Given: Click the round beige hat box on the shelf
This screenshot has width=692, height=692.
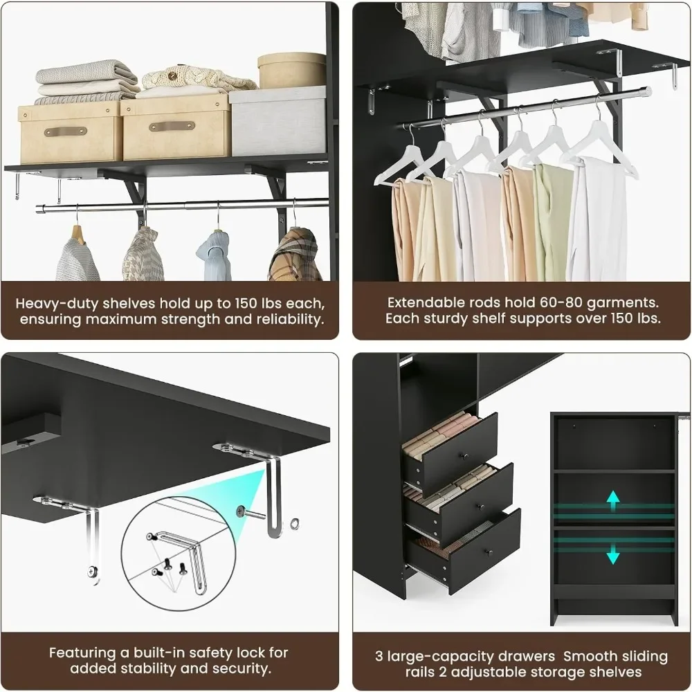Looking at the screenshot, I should pos(291,70).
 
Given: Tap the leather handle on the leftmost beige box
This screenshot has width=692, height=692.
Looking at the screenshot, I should pos(65,131).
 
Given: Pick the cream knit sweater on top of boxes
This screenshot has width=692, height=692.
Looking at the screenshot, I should pos(197,78).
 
